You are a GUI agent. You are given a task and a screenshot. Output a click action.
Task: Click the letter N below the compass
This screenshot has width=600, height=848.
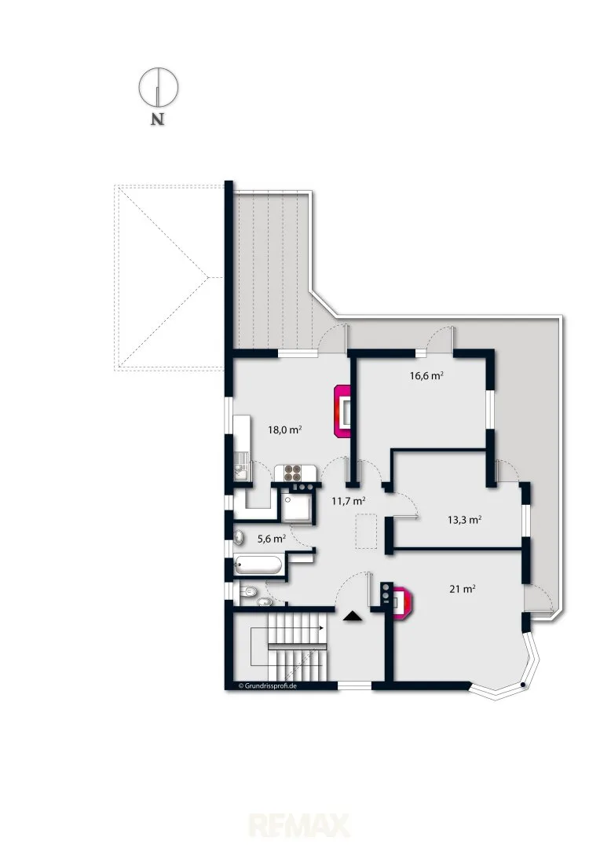point(157,119)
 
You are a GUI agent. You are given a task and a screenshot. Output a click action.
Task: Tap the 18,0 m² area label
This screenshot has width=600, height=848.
point(284,430)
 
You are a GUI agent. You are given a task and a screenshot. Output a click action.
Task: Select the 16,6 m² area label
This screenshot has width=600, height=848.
point(426,375)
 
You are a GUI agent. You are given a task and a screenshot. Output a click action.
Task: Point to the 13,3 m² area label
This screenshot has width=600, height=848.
point(464,521)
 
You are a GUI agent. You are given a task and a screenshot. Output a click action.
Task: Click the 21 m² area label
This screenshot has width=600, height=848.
point(462,589)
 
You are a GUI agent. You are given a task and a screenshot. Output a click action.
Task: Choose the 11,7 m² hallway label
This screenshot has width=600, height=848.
point(348,501)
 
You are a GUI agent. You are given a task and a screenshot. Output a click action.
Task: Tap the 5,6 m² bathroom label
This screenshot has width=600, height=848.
point(271,539)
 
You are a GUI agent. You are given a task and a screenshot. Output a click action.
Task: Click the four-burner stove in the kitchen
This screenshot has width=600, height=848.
point(293,473)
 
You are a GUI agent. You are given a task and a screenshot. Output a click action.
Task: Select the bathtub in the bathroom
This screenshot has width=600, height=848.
point(258,565)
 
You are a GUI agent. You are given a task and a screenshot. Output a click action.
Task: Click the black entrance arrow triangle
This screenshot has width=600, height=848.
point(353,616)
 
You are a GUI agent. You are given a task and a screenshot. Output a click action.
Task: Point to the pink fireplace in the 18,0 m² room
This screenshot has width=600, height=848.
point(342,411)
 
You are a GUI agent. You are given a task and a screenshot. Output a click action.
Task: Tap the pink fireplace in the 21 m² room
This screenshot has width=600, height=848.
point(403,602)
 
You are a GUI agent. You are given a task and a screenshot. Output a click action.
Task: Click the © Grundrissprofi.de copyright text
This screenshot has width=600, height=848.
point(267,685)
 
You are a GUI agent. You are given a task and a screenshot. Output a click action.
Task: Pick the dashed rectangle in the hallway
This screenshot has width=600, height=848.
point(366,532)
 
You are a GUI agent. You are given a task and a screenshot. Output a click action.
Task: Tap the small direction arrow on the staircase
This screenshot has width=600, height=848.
point(321,628)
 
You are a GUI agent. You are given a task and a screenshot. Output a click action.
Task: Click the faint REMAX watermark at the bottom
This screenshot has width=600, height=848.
point(299,826)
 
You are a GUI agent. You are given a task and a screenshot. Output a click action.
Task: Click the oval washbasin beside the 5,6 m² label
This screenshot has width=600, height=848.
point(239,538)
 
